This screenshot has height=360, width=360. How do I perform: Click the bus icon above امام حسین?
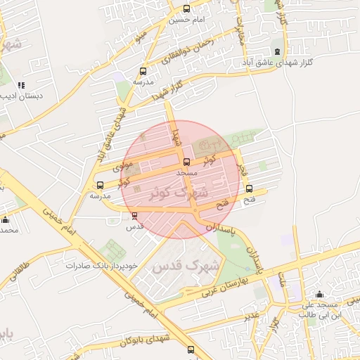coord(186,9)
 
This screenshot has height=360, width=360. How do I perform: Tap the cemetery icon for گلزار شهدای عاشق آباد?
coord(276,51)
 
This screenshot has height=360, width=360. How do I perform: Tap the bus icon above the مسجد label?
coord(186,162)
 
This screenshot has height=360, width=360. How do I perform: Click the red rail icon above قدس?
coord(134,216)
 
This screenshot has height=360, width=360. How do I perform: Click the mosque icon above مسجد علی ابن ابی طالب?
coord(320,294)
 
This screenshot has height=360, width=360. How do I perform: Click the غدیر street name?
coord(252,315)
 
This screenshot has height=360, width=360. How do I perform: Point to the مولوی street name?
coord(108,166)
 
